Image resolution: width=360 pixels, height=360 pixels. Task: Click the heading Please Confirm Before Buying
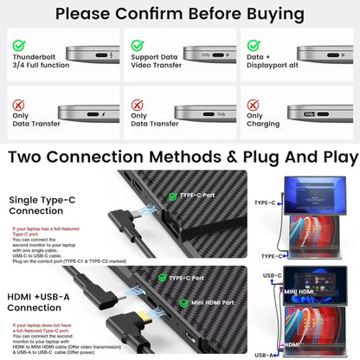point(180,14)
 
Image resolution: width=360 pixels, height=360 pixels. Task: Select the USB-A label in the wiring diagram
point(266,355)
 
